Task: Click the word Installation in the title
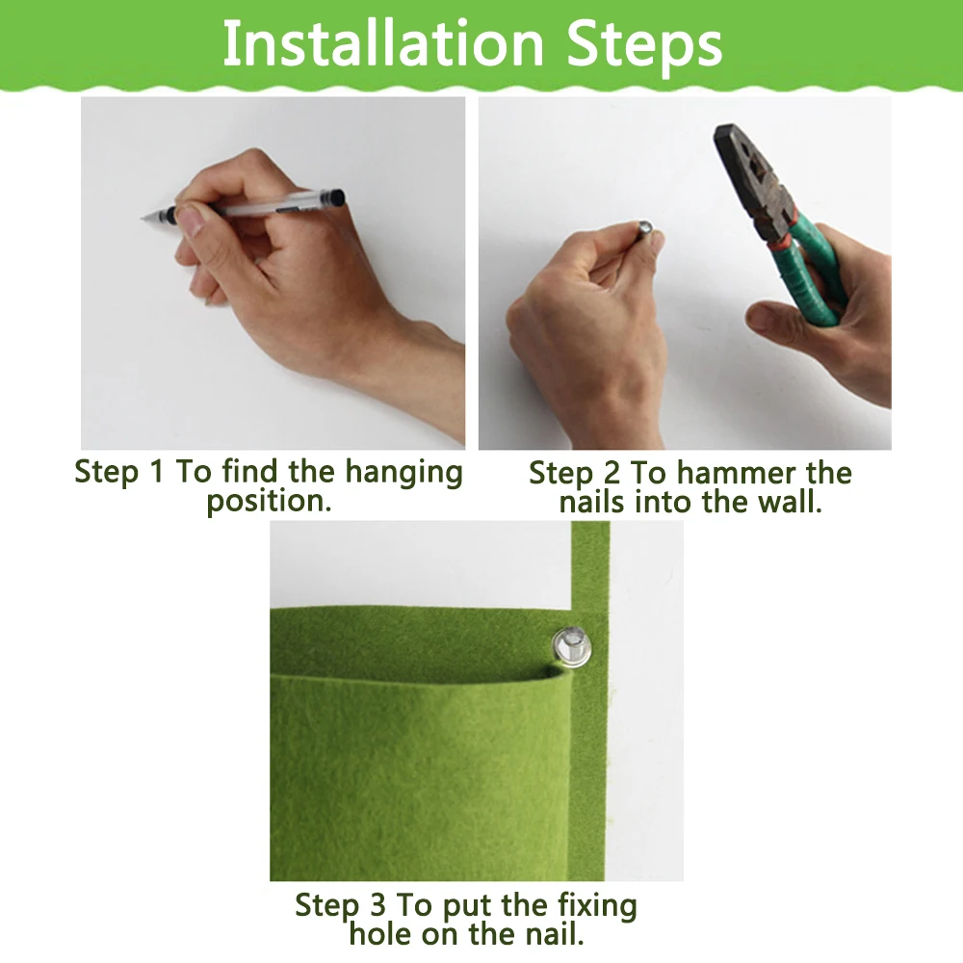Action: click(x=383, y=43)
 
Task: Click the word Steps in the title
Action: click(x=644, y=46)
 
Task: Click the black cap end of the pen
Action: click(x=335, y=197)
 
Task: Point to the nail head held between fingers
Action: click(x=645, y=227)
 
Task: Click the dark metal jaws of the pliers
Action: click(x=747, y=173)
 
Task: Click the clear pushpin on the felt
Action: click(x=571, y=647)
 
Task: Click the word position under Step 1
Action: click(x=269, y=502)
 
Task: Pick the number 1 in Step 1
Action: click(x=156, y=472)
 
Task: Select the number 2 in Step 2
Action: click(x=612, y=474)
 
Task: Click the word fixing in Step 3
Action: click(x=597, y=907)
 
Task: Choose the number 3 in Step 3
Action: click(x=377, y=905)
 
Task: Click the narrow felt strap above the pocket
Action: click(x=590, y=565)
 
